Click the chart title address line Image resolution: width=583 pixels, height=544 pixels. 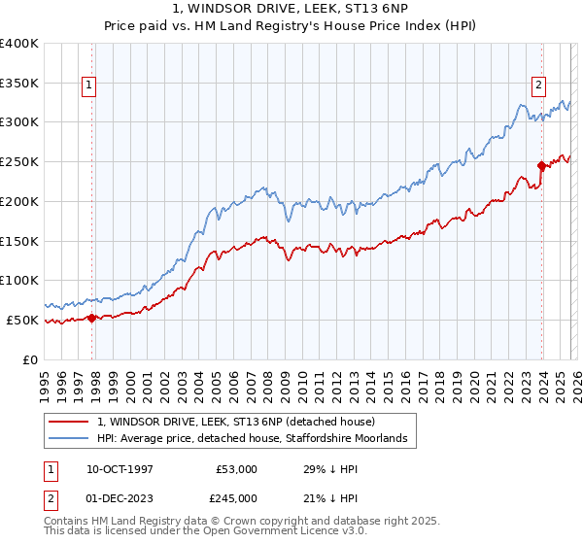[x=291, y=9]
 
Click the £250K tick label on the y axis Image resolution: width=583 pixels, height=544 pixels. [x=19, y=161]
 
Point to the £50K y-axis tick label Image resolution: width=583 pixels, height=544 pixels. [x=22, y=320]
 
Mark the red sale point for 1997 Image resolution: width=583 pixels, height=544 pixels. [x=91, y=317]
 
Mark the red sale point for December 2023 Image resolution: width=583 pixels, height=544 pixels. [x=541, y=165]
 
